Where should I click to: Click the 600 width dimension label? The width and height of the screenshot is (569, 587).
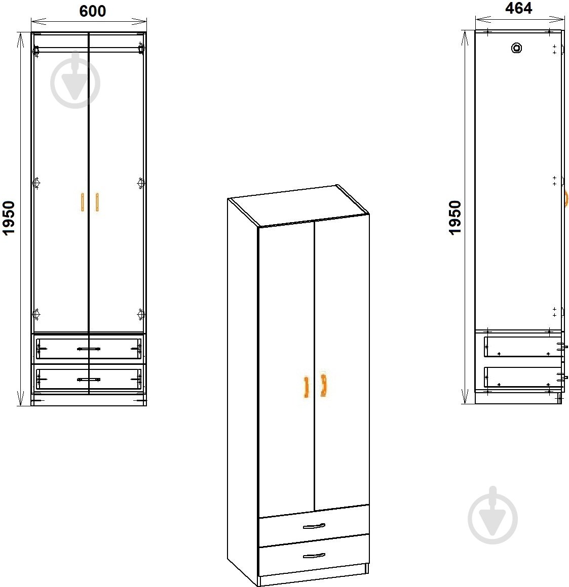click(x=93, y=11)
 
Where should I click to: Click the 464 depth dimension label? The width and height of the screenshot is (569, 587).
click(x=518, y=8)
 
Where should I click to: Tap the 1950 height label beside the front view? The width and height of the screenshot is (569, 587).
click(x=9, y=218)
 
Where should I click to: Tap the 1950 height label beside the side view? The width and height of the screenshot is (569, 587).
click(x=455, y=218)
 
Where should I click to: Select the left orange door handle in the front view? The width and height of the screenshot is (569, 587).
click(x=83, y=202)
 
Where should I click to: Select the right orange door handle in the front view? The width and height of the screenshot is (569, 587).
click(x=97, y=202)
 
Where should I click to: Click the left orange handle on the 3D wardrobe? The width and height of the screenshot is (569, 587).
click(x=306, y=387)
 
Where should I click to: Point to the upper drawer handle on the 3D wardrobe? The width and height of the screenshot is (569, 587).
click(x=314, y=526)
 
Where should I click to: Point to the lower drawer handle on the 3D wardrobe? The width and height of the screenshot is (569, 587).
click(x=314, y=556)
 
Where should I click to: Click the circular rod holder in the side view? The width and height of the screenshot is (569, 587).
click(x=516, y=48)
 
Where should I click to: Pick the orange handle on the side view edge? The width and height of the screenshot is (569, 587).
click(x=566, y=198)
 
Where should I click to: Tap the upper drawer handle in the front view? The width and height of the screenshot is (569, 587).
click(x=89, y=349)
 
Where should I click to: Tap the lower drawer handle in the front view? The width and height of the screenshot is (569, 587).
click(x=89, y=380)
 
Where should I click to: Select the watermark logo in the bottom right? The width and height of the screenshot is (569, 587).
click(x=492, y=515)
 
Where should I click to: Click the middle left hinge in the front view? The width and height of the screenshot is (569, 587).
click(x=36, y=183)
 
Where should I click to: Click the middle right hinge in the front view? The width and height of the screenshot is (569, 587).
click(x=141, y=183)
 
